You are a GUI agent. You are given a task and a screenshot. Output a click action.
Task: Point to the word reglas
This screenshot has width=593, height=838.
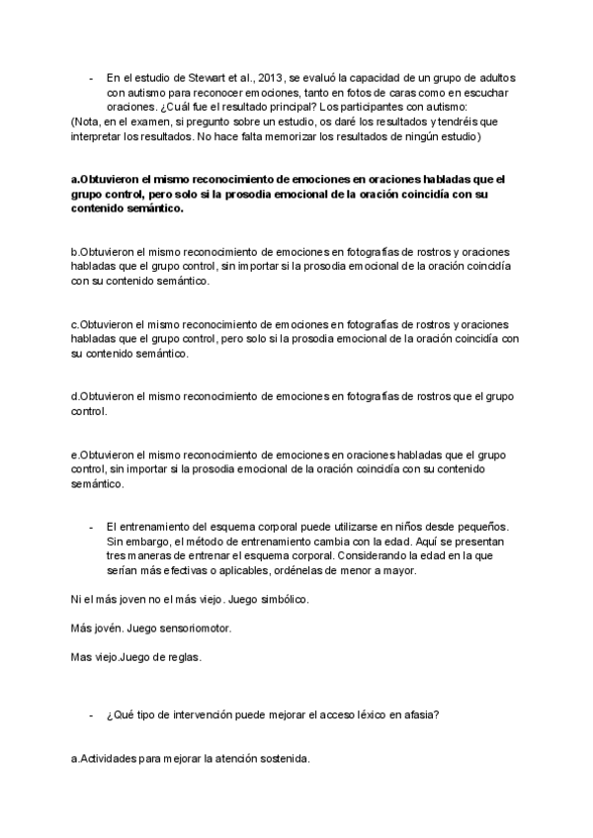coord(184,656)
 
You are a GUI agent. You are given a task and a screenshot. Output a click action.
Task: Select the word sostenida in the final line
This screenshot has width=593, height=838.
coord(282,759)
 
